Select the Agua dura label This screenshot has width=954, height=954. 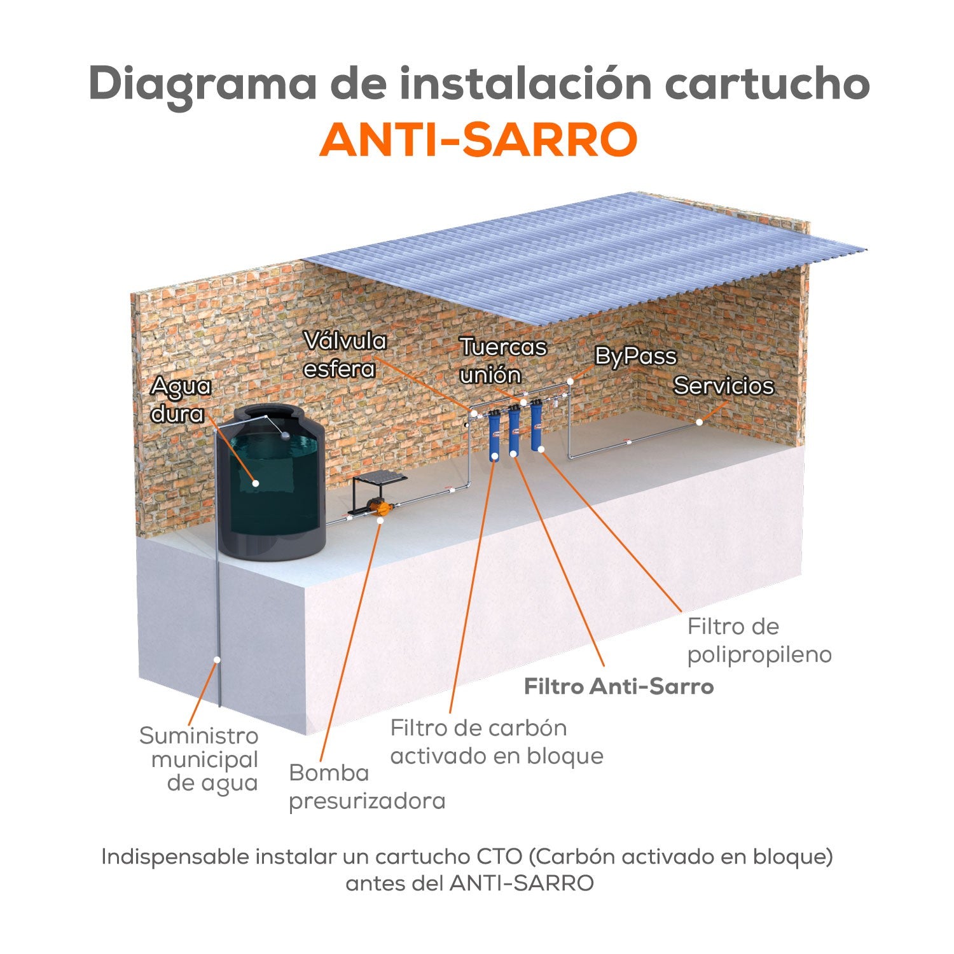(x=180, y=399)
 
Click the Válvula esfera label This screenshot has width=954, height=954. (x=344, y=355)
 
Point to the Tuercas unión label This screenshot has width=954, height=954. (x=502, y=361)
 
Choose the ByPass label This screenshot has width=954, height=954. (x=635, y=356)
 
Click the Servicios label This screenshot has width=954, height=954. (x=723, y=385)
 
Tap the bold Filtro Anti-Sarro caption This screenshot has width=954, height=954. (x=618, y=687)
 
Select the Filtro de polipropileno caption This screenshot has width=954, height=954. (x=759, y=640)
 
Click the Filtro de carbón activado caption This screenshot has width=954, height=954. (x=496, y=742)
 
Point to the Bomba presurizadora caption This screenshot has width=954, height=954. (x=366, y=787)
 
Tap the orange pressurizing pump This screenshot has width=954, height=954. (x=381, y=508)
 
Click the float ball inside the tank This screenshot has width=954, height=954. (x=286, y=436)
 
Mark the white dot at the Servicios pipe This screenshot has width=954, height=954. (x=699, y=422)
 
